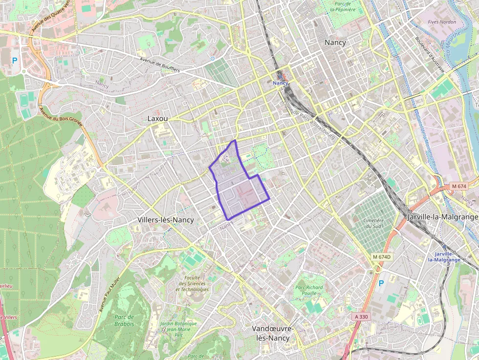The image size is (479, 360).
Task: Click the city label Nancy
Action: (335, 42)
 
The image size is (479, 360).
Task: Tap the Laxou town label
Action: (158, 119)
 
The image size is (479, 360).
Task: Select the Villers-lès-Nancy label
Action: (166, 220)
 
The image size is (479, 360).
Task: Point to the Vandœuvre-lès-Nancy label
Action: (273, 333)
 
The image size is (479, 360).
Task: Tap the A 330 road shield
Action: (361, 317)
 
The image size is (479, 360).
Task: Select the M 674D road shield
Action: (382, 257)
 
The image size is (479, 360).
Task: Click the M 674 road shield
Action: (459, 186)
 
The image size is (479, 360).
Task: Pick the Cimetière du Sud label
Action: (373, 223)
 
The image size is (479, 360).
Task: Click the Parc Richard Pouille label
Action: (309, 291)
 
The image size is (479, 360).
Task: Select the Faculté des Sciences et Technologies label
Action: (193, 283)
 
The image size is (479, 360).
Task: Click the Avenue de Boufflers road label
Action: (160, 65)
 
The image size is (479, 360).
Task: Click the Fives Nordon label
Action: (441, 22)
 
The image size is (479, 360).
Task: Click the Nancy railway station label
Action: (281, 84)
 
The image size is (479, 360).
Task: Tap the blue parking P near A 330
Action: (381, 283)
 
